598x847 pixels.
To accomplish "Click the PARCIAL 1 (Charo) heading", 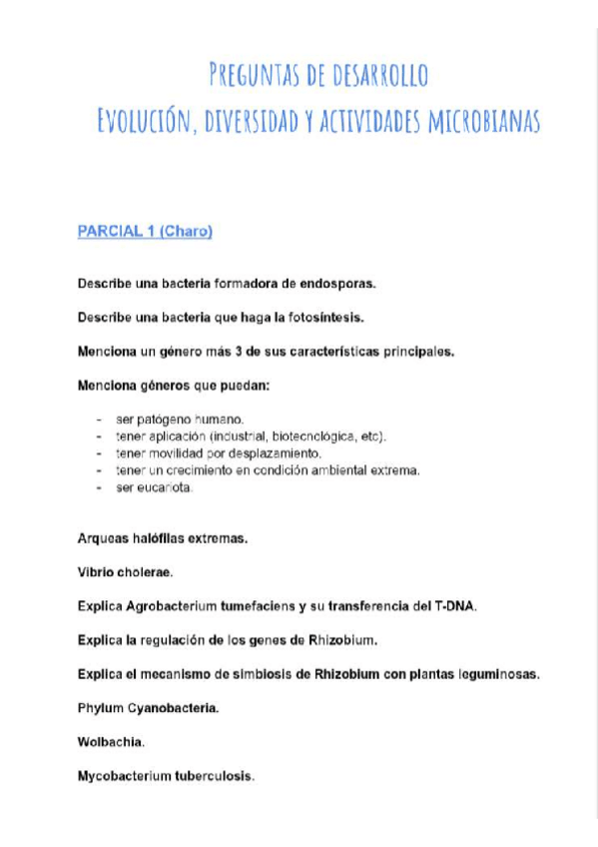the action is point(146,232).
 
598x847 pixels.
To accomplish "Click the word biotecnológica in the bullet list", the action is point(321,436).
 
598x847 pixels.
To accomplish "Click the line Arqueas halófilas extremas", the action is point(163,538).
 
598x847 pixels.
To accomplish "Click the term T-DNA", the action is point(454,606).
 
